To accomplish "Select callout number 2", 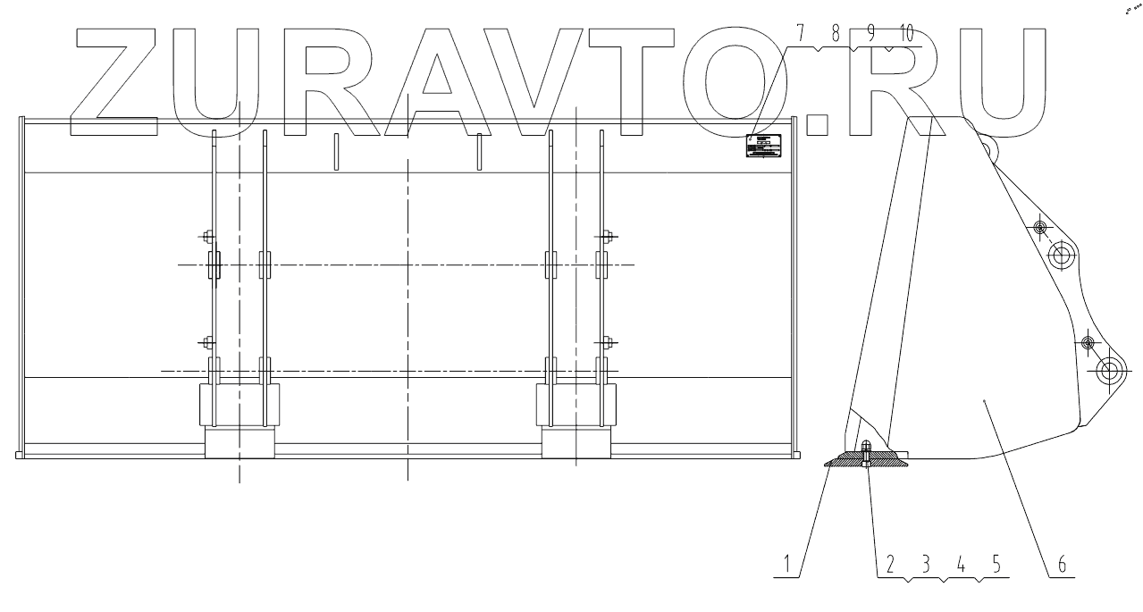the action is pyautogui.click(x=890, y=565).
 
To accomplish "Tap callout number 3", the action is pyautogui.click(x=926, y=565).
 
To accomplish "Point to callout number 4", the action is pyautogui.click(x=961, y=565).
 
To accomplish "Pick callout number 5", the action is pyautogui.click(x=996, y=565).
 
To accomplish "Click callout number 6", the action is pyautogui.click(x=1062, y=565).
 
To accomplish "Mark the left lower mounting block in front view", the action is pyautogui.click(x=240, y=420).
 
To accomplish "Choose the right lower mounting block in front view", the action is pyautogui.click(x=576, y=420).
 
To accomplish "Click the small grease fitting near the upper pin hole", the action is pyautogui.click(x=1040, y=228).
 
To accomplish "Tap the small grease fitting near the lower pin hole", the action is pyautogui.click(x=1088, y=343).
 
